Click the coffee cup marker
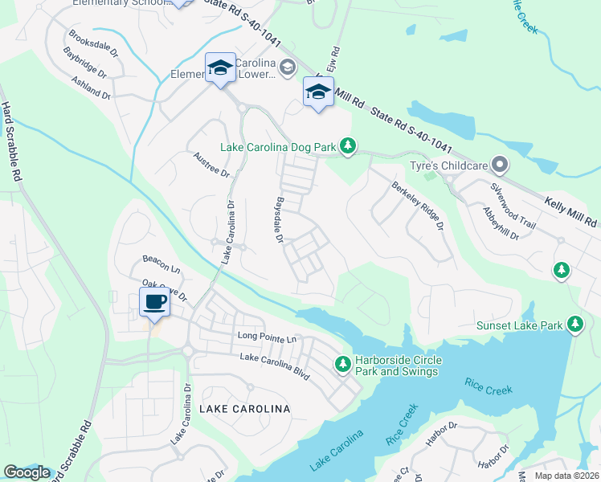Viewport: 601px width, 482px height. click(x=153, y=302)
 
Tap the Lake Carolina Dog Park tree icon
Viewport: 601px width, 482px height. click(x=347, y=145)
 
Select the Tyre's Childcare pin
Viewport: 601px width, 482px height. click(x=499, y=165)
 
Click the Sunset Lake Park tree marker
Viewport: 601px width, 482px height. click(x=574, y=324)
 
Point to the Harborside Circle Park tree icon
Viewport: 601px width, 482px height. click(x=342, y=365)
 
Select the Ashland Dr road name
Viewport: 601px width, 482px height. click(x=90, y=88)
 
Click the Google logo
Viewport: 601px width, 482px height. click(x=27, y=472)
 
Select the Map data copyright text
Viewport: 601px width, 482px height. click(x=567, y=476)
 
